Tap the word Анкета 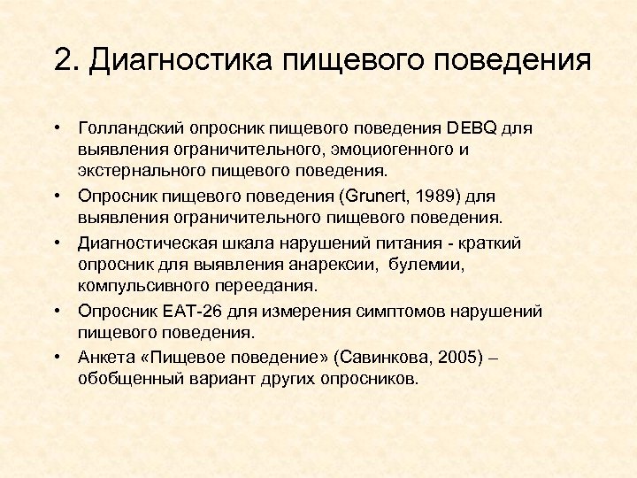[x=105, y=357]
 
